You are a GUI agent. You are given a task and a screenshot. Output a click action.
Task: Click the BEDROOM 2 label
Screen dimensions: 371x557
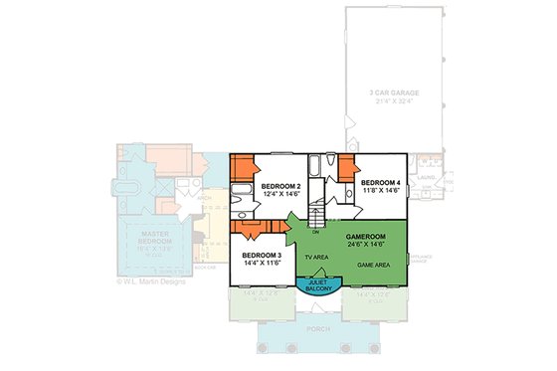tap(280, 186)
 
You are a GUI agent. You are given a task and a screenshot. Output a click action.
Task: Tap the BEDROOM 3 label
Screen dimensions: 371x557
tap(263, 256)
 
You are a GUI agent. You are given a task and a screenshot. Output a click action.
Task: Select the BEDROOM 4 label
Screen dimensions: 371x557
tap(380, 184)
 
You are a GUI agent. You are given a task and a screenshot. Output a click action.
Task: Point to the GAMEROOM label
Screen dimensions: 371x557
tap(367, 235)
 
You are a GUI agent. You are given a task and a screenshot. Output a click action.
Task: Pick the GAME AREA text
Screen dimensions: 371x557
tap(373, 267)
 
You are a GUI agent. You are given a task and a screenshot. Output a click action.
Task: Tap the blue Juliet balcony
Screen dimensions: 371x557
tap(315, 282)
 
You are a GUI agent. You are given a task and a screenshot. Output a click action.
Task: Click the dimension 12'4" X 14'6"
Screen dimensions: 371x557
tap(280, 195)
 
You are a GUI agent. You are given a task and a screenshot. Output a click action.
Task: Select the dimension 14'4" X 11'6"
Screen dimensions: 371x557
tap(263, 265)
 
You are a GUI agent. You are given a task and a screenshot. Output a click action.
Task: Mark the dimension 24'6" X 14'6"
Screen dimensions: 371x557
tap(367, 244)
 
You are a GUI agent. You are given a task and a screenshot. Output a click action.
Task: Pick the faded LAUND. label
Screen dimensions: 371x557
tap(427, 179)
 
